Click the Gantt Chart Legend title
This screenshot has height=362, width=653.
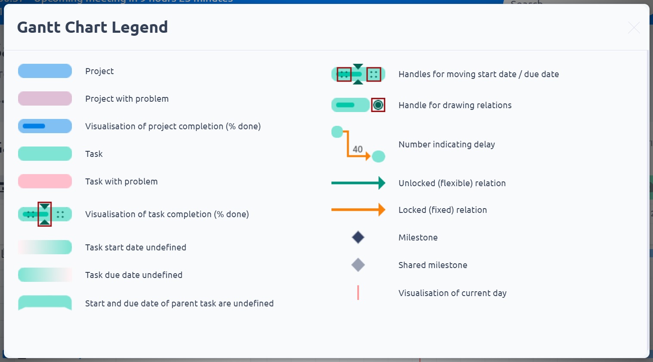coord(93,27)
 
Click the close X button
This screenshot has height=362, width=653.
coord(634,28)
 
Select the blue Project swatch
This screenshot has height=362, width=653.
coord(45,71)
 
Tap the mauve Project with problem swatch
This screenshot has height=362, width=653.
coord(45,99)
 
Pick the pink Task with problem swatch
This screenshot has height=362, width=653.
coord(45,181)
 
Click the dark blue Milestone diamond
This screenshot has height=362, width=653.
coord(358,237)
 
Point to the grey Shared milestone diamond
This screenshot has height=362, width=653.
coord(358,265)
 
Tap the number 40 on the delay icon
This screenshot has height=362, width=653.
coord(358,149)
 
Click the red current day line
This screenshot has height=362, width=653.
coord(358,293)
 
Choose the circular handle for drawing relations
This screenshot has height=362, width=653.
coord(378,105)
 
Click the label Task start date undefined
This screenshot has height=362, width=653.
coord(136,247)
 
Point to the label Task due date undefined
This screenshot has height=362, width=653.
coord(134,275)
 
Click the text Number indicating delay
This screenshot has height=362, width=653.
coord(446,144)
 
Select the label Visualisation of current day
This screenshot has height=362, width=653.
coord(452,293)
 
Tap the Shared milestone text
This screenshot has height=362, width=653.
coord(433,265)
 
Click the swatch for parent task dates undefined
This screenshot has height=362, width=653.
coord(45,303)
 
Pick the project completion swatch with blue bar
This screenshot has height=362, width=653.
coord(45,126)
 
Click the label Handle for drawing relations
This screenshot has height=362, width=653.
coord(455,105)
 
